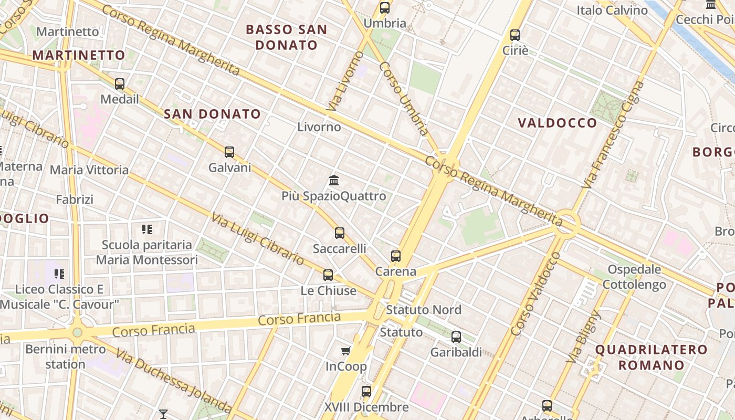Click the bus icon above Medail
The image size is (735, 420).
pyautogui.click(x=120, y=83)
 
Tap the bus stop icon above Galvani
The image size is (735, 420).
pyautogui.click(x=229, y=152)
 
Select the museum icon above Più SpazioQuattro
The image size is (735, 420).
pyautogui.click(x=334, y=181)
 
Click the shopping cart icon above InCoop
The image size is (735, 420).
pyautogui.click(x=346, y=351)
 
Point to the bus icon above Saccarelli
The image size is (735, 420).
pyautogui.click(x=340, y=233)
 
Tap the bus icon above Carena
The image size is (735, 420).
pyautogui.click(x=396, y=256)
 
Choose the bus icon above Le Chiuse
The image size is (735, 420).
pyautogui.click(x=328, y=275)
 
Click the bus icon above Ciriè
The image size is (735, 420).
pyautogui.click(x=515, y=35)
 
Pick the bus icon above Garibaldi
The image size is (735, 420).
pyautogui.click(x=456, y=337)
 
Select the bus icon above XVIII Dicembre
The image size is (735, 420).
pyautogui.click(x=366, y=391)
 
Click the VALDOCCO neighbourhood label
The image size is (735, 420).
pyautogui.click(x=558, y=123)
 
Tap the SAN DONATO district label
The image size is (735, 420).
pyautogui.click(x=212, y=114)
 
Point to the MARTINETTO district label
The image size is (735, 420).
pyautogui.click(x=79, y=55)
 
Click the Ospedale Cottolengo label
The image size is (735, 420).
pyautogui.click(x=634, y=277)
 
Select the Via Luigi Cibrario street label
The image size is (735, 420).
pyautogui.click(x=258, y=239)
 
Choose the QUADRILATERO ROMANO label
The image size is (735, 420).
pyautogui.click(x=651, y=357)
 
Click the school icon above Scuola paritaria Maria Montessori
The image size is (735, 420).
pyautogui.click(x=147, y=229)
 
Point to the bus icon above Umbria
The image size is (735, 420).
pyautogui.click(x=385, y=8)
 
